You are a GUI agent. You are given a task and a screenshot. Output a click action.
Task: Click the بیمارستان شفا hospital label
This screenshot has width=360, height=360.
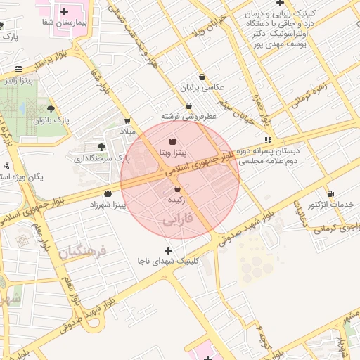click(x=65, y=22)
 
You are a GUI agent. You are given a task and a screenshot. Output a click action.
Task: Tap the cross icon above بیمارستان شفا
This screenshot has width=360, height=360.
click(x=65, y=11)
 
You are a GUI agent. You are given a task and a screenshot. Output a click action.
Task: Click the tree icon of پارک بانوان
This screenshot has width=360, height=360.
click(x=51, y=109)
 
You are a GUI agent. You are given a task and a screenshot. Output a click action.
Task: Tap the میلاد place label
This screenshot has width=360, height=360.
click(x=127, y=131)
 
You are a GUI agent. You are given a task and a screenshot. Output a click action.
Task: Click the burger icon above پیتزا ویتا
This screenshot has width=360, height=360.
click(x=173, y=142)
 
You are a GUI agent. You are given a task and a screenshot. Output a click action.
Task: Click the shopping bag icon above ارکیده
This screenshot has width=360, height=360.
click(x=176, y=189)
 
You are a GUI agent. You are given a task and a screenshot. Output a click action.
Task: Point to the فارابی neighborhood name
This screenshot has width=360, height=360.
click(x=179, y=220)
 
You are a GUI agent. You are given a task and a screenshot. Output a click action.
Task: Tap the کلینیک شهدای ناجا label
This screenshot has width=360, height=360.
click(x=168, y=261)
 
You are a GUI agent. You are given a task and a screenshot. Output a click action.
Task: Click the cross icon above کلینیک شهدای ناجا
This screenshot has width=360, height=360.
click(x=168, y=250)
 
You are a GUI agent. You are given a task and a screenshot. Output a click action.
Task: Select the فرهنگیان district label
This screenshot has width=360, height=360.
click(x=82, y=250)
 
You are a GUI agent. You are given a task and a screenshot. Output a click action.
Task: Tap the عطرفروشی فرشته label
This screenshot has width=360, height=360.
click(x=188, y=116)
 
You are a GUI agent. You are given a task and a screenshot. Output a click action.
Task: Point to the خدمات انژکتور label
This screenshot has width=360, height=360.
click(x=330, y=205)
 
